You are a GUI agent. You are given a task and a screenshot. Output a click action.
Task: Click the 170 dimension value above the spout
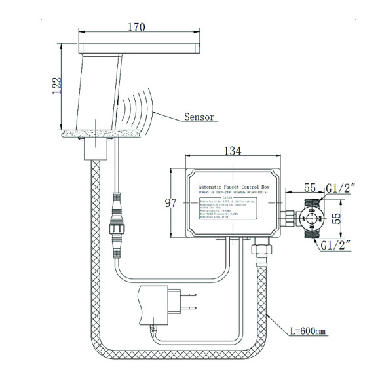(x=136, y=28)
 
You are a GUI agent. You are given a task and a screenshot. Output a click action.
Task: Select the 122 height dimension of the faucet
(x=58, y=83)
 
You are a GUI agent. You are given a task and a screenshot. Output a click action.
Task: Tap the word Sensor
(x=199, y=117)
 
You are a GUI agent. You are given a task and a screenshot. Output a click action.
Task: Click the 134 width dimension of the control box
(x=232, y=151)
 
